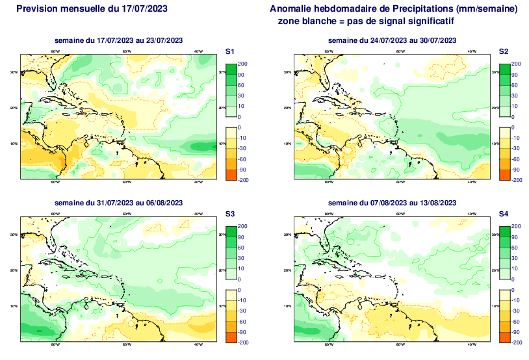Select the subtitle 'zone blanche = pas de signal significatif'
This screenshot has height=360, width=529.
[365, 21]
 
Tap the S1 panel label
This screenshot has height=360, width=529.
[229, 51]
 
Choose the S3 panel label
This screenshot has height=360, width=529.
[229, 213]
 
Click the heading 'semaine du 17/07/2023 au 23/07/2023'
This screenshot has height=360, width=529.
[118, 41]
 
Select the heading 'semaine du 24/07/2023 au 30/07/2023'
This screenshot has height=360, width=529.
[392, 41]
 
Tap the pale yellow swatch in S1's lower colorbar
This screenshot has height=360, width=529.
[230, 133]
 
